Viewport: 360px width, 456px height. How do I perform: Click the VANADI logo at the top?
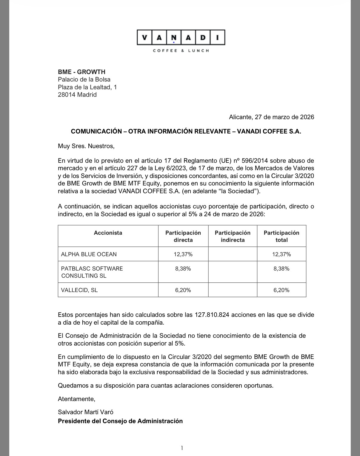tap(181, 38)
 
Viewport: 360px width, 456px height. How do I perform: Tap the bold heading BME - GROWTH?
tap(81, 72)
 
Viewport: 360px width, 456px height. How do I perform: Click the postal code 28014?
tap(67, 95)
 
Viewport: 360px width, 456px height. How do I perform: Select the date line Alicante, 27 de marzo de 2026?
tap(271, 117)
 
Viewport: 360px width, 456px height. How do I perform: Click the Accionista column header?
tap(108, 233)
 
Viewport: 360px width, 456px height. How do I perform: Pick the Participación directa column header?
tap(183, 236)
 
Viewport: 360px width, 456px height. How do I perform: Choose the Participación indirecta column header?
tap(233, 236)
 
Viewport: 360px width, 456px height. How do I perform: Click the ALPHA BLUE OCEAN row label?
tap(89, 254)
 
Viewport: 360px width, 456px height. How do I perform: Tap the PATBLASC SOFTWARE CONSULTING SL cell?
tap(92, 272)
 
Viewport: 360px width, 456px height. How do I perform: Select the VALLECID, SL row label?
tap(79, 290)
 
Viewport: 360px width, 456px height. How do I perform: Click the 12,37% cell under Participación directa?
tap(183, 254)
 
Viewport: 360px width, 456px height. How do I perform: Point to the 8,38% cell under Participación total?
tap(281, 269)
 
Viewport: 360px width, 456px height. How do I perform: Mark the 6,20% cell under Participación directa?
tap(183, 290)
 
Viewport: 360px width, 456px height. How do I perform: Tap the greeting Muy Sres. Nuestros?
tap(86, 146)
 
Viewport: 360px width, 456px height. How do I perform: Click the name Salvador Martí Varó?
tap(86, 412)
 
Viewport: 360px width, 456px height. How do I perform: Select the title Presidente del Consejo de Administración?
tap(120, 421)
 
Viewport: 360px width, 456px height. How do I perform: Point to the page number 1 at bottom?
tap(182, 448)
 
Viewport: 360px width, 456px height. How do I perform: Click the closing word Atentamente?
tap(76, 399)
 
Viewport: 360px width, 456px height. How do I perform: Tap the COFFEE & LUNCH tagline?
tap(181, 51)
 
